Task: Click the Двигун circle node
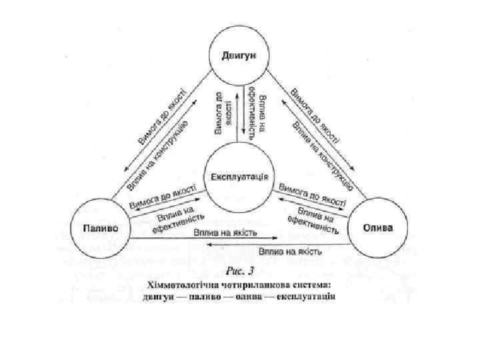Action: (x=239, y=53)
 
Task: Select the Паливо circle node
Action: (x=101, y=227)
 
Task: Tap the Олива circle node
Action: (x=378, y=227)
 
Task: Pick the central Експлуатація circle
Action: (x=239, y=177)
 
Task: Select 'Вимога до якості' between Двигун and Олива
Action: (x=315, y=118)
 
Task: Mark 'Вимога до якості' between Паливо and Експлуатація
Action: (x=163, y=195)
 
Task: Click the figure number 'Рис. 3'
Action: (x=240, y=271)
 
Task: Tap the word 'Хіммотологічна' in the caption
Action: (x=181, y=284)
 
